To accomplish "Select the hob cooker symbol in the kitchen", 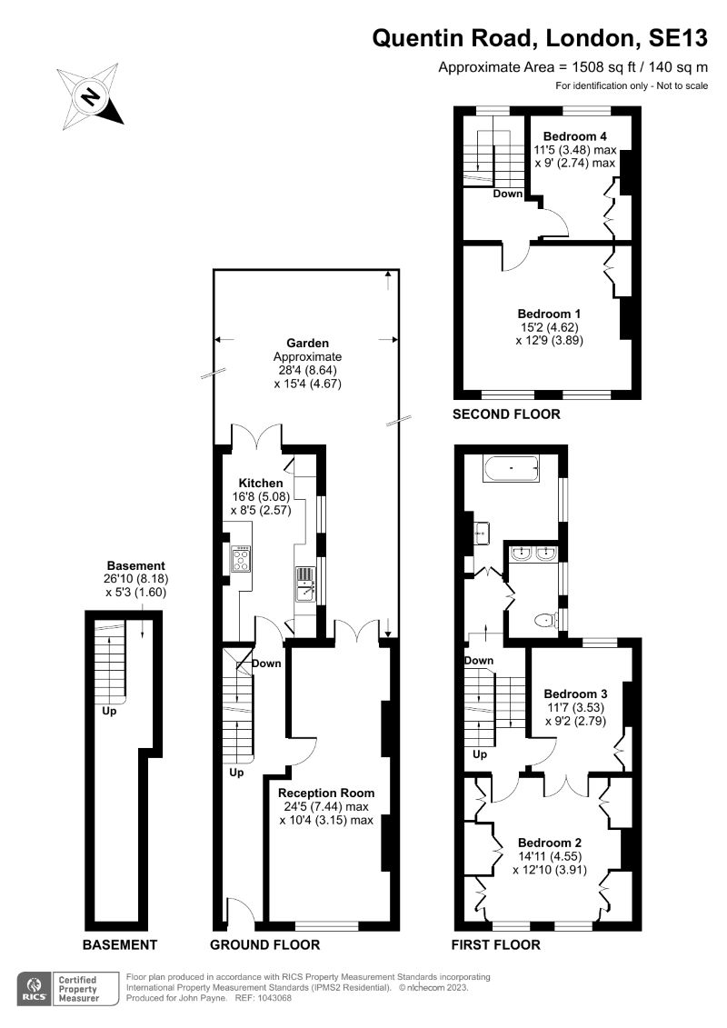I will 243,557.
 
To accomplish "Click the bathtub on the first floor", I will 512,469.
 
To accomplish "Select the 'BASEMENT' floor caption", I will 120,944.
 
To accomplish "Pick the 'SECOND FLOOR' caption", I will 507,414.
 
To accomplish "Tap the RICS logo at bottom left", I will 35,987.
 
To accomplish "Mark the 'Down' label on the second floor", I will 508,194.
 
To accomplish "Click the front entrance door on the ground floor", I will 238,912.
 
